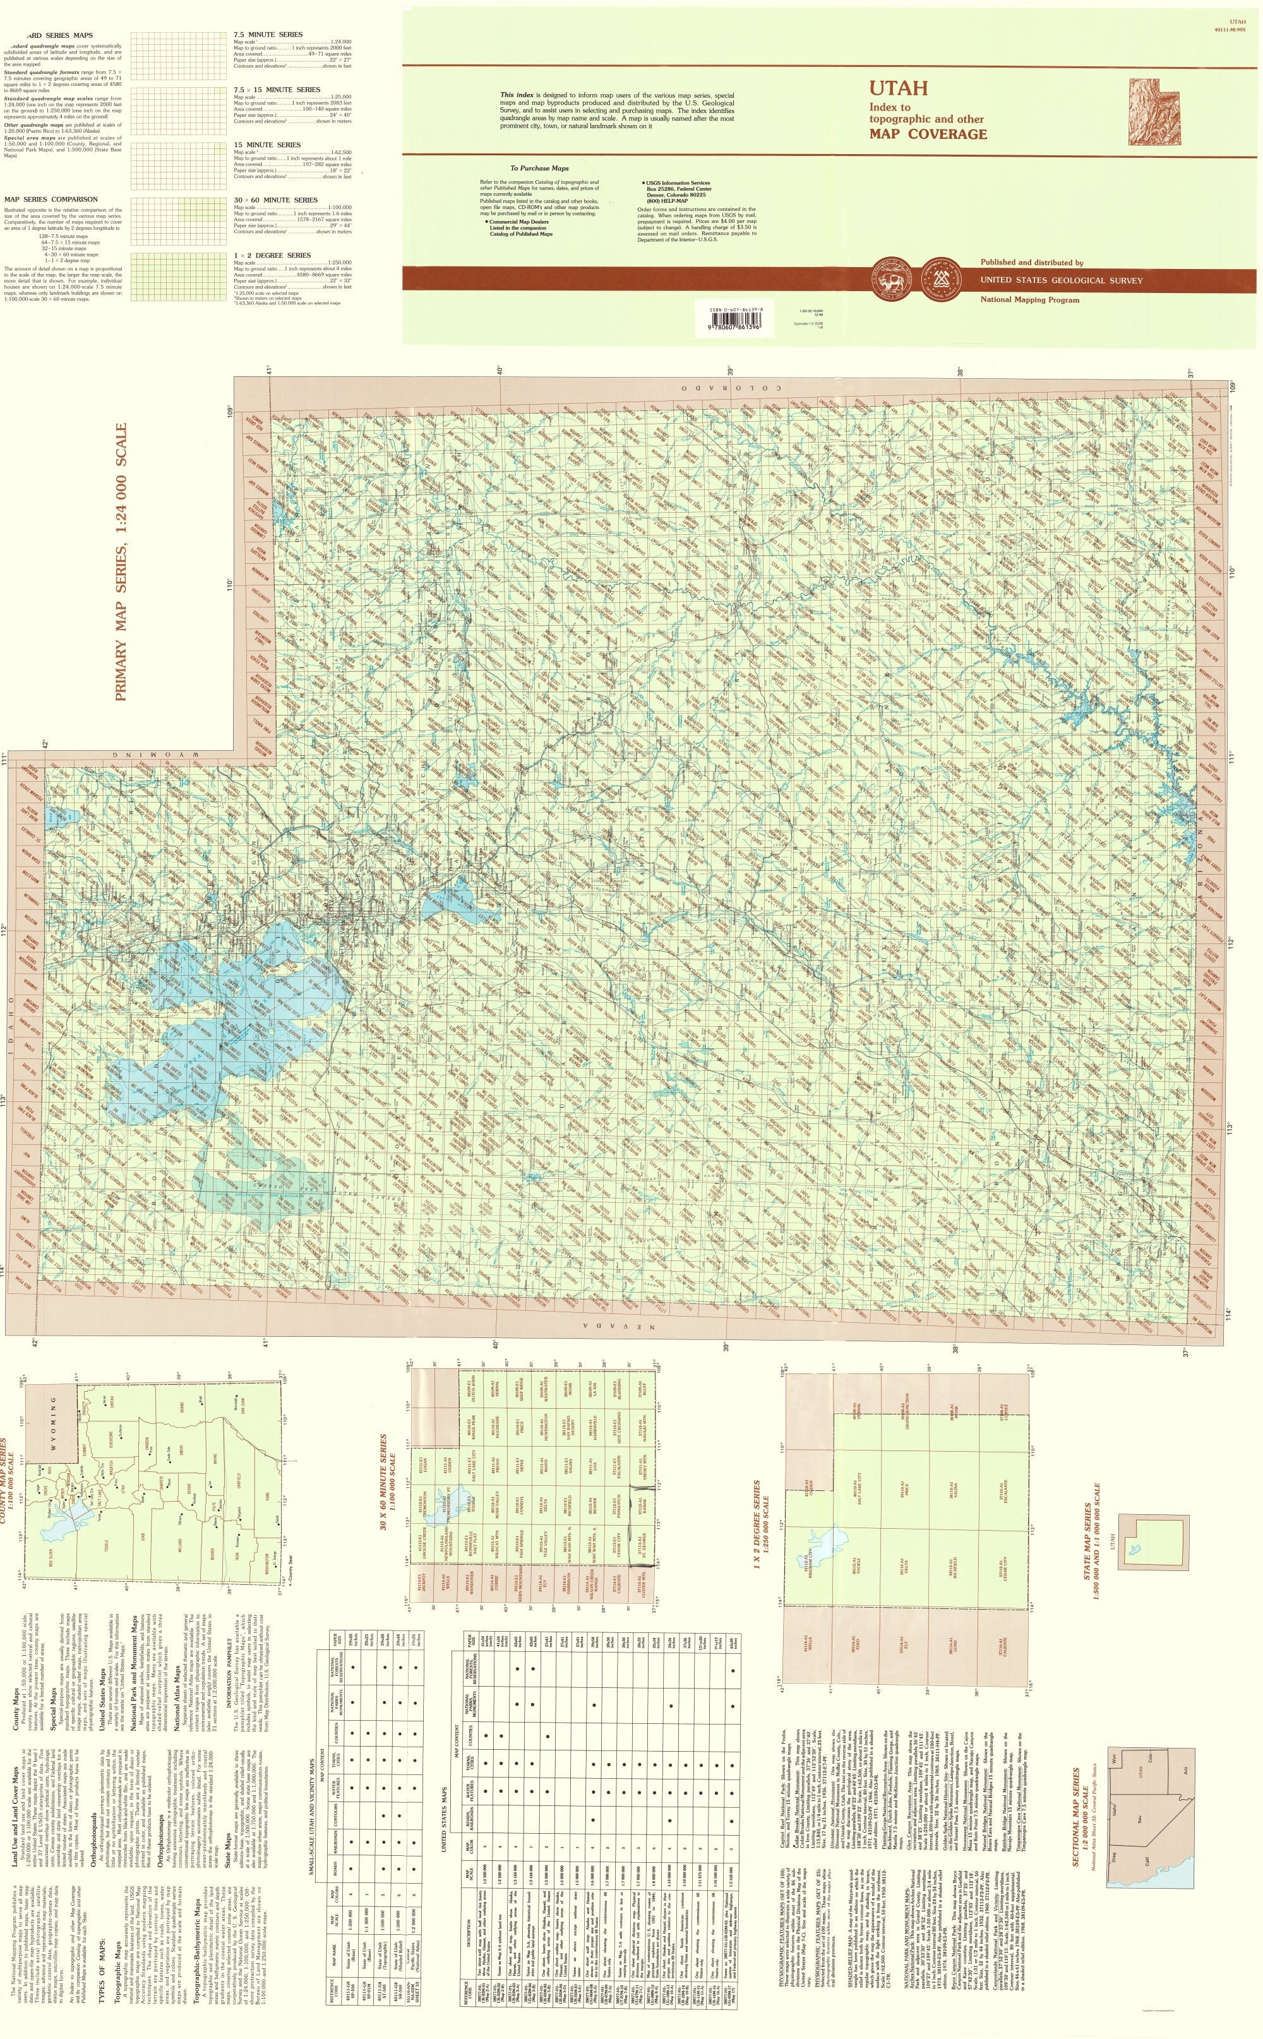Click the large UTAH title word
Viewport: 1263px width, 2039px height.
tap(899, 88)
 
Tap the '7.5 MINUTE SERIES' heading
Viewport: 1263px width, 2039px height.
tap(268, 34)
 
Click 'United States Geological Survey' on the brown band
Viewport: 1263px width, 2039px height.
tap(1061, 280)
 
